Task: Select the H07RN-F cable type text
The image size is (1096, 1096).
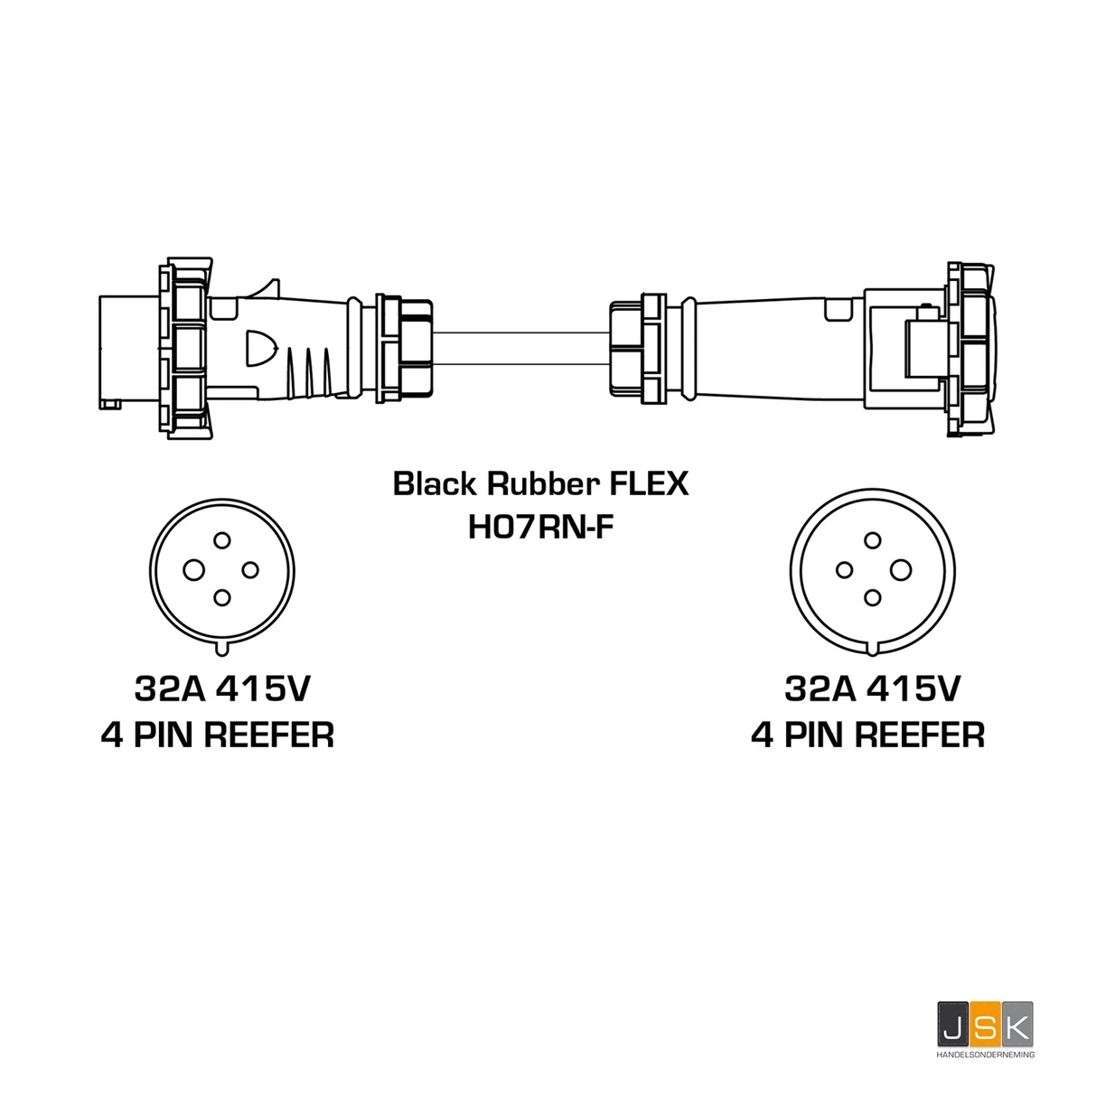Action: (540, 526)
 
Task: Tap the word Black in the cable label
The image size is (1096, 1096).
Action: (434, 484)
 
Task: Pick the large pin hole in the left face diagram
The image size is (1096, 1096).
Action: (194, 569)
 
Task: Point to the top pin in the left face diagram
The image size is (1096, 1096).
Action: (221, 540)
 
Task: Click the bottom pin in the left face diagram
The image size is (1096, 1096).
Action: (221, 597)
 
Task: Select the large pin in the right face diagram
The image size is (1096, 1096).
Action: (900, 569)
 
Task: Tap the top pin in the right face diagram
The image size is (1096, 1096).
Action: (872, 540)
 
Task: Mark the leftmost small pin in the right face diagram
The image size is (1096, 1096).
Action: (844, 569)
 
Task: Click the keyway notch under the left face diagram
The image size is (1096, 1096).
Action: (221, 648)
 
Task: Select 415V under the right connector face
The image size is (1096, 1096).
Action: (913, 690)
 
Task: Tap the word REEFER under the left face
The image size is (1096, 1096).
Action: (269, 735)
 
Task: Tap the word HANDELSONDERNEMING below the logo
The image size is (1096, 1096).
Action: (985, 1054)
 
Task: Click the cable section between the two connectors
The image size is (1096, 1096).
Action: (520, 349)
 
